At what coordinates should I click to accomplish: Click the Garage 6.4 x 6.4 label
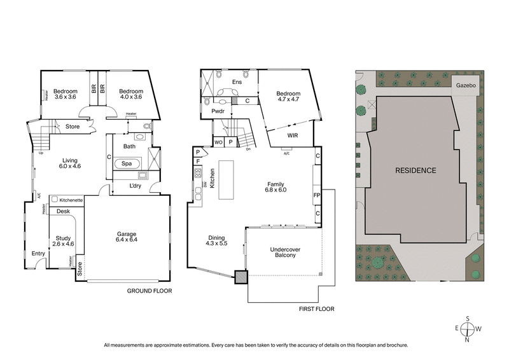pyautogui.click(x=127, y=236)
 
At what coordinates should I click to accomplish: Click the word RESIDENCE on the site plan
pyautogui.click(x=415, y=170)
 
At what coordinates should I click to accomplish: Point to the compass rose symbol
pyautogui.click(x=468, y=329)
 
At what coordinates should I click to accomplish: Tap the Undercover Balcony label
pyautogui.click(x=286, y=252)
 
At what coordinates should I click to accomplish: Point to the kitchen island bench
pyautogui.click(x=227, y=179)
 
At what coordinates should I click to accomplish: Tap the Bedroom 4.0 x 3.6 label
pyautogui.click(x=132, y=93)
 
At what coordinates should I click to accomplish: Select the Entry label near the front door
pyautogui.click(x=39, y=254)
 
